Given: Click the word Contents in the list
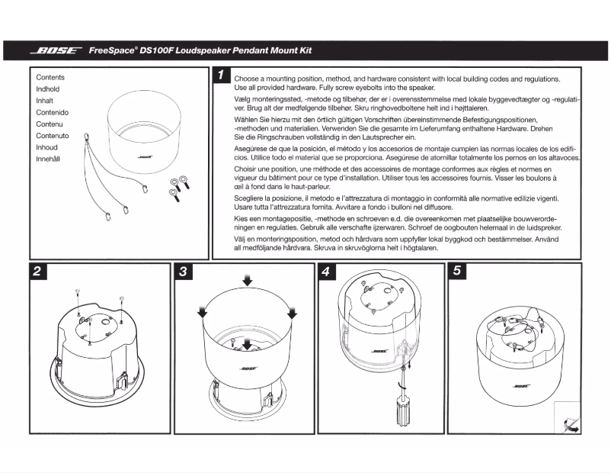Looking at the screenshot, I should coord(50,78).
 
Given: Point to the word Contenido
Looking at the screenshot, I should coord(53,113).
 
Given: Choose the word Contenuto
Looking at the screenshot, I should coord(53,136).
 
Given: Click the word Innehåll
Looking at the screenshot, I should coord(50,159).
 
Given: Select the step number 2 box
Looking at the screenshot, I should coord(36,271).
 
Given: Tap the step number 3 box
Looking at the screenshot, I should coord(184,271).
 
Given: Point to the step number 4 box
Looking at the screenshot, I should coord(325,271).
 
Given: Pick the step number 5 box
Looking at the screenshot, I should coord(456,271).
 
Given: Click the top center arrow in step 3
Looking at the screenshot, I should coord(246,282).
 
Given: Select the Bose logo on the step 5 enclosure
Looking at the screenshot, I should coord(522,386).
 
